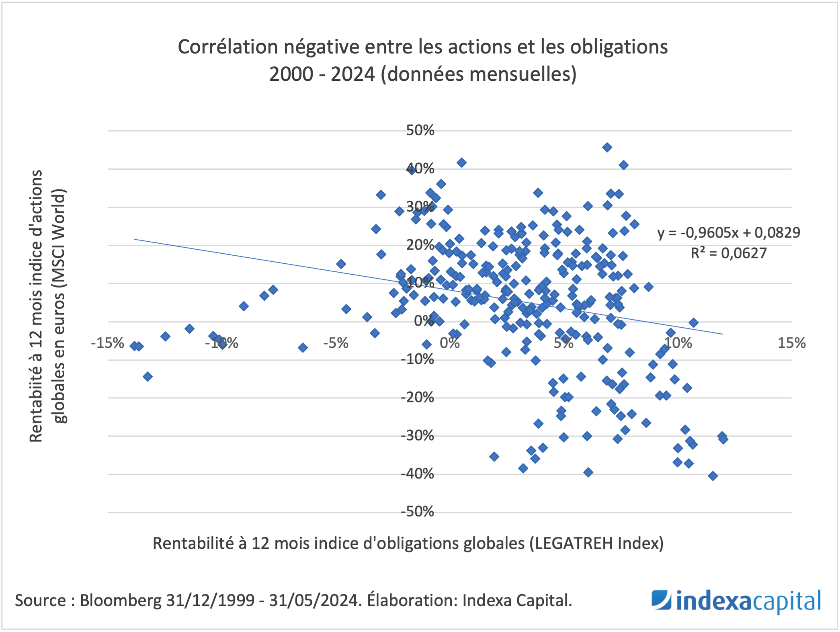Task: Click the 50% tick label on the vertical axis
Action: click(x=420, y=130)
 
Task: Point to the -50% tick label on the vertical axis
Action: click(x=418, y=512)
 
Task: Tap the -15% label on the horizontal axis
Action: click(x=107, y=343)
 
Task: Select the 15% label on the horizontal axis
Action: click(x=791, y=343)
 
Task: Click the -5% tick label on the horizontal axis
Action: click(x=336, y=343)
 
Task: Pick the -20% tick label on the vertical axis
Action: click(x=418, y=397)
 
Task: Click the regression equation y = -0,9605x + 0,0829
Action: click(x=728, y=232)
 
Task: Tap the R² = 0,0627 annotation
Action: click(x=728, y=253)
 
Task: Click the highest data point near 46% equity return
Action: click(x=607, y=148)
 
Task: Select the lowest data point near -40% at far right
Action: click(x=713, y=476)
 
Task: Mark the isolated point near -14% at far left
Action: click(x=148, y=377)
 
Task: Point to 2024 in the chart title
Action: click(x=352, y=74)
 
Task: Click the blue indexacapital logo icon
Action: click(x=661, y=600)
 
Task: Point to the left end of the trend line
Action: click(x=134, y=239)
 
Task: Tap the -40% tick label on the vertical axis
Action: click(x=418, y=474)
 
